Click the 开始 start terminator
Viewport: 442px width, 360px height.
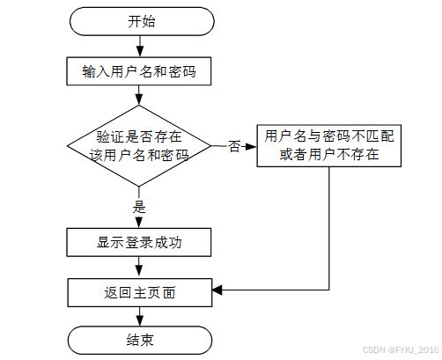pos(142,21)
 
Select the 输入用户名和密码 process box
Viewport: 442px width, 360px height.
pos(139,71)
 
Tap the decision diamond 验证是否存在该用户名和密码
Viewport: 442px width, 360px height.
pos(139,146)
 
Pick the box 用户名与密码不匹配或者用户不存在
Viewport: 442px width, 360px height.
pos(329,146)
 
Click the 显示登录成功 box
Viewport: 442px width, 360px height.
pos(139,242)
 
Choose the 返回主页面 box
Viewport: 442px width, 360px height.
pos(140,293)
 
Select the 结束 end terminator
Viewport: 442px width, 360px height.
pos(140,341)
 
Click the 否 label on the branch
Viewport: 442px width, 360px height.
pos(234,146)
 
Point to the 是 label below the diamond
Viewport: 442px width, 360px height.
pos(139,207)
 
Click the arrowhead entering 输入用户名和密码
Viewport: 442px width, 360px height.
pos(140,52)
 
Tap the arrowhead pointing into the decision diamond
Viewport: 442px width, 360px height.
pos(139,99)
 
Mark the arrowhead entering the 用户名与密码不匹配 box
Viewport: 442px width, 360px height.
pos(251,146)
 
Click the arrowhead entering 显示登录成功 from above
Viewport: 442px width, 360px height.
pos(139,223)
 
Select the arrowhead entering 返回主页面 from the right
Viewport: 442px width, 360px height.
pos(217,290)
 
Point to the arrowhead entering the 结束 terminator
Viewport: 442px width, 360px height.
pos(140,320)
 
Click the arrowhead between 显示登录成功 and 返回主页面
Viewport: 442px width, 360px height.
pos(139,270)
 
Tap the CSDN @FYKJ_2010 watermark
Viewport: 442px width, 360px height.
pos(401,349)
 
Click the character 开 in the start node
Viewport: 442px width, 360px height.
pos(135,21)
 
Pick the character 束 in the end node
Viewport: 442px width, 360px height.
pos(147,341)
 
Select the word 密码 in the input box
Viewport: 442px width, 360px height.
pos(182,71)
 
